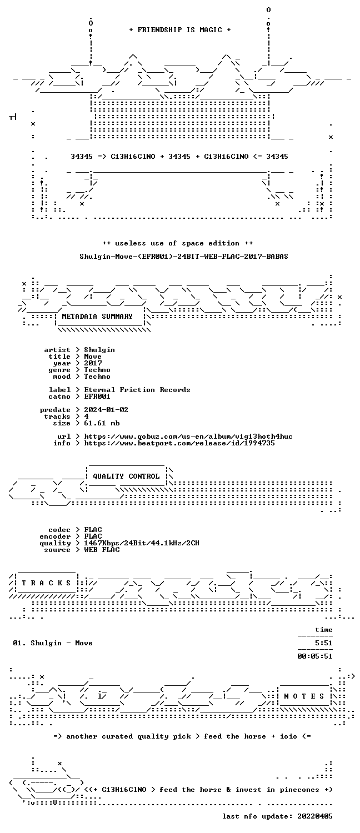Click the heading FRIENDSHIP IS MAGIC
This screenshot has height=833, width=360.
click(180, 30)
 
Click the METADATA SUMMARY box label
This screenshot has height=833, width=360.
click(97, 317)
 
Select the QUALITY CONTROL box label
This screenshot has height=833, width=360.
click(126, 476)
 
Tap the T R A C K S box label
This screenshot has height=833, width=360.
click(46, 583)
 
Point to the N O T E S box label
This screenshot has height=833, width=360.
click(304, 696)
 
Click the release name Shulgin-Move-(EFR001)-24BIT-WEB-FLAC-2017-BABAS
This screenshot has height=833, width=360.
click(184, 256)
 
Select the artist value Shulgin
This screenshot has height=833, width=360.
click(99, 350)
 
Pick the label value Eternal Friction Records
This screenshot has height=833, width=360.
click(137, 390)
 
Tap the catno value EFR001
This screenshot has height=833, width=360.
click(97, 397)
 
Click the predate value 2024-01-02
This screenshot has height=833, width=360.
click(106, 410)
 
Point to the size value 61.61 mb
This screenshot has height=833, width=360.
click(102, 423)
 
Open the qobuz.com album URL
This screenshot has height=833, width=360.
click(188, 436)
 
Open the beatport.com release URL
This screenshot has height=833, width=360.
click(179, 443)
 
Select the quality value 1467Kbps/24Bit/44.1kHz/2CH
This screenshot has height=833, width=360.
click(141, 543)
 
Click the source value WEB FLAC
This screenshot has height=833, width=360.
click(102, 550)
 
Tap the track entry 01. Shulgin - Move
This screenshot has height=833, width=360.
click(53, 643)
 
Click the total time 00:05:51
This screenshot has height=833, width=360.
click(315, 656)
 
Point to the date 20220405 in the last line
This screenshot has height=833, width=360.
click(315, 816)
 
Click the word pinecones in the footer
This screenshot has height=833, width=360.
click(299, 790)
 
